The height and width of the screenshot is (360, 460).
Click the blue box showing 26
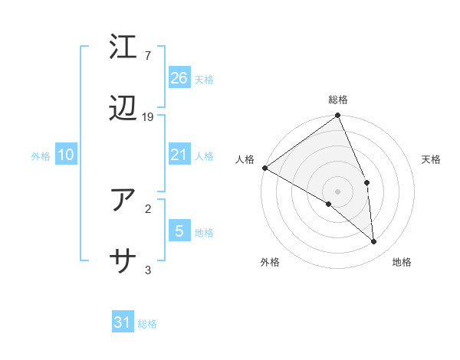tap(179, 77)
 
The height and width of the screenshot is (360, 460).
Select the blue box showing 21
tap(179, 155)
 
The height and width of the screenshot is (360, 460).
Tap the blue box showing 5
tap(179, 231)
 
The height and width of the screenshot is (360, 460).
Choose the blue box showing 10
tap(66, 155)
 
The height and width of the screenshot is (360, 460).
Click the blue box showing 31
tap(123, 322)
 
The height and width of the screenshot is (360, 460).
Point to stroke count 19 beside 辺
tap(148, 117)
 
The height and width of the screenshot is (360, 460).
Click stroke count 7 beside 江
tap(148, 56)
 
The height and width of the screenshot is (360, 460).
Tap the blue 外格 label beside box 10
tap(41, 156)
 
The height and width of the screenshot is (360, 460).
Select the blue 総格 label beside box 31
tap(147, 324)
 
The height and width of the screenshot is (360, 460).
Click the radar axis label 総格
tap(337, 100)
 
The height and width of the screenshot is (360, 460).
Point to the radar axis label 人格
tap(245, 159)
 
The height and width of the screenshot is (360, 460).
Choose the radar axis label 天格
tap(432, 159)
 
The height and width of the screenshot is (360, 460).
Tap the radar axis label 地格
tap(402, 262)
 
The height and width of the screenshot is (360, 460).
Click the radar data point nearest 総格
tap(337, 116)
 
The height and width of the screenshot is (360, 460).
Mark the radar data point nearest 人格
tap(264, 168)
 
